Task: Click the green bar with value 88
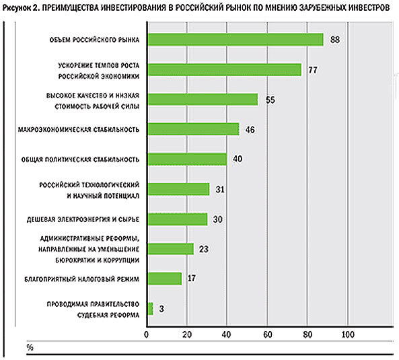(235, 40)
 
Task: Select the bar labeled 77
(225, 70)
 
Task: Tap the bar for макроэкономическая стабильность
(194, 129)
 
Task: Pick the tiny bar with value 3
(151, 309)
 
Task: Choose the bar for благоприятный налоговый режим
(165, 279)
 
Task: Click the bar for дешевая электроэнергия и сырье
(178, 219)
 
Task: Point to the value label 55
(270, 100)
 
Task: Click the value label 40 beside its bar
(238, 159)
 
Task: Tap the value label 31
(220, 189)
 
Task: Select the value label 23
(204, 249)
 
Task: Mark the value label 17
(191, 278)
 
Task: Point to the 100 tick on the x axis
(348, 334)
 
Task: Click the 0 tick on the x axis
(146, 334)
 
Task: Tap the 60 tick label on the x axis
(267, 334)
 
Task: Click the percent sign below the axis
(30, 347)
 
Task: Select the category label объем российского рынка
(94, 40)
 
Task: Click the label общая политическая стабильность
(80, 159)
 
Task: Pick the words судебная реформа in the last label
(108, 315)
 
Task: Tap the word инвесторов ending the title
(369, 8)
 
